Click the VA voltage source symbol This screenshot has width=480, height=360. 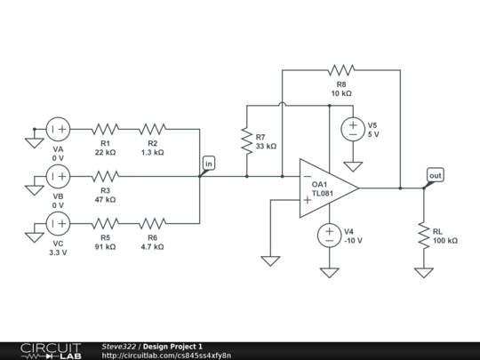pyautogui.click(x=59, y=130)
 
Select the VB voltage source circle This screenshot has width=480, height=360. pyautogui.click(x=59, y=176)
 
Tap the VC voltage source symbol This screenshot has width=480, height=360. pyautogui.click(x=59, y=222)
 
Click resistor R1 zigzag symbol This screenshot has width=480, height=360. pyautogui.click(x=105, y=130)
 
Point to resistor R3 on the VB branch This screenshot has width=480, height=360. pyautogui.click(x=105, y=176)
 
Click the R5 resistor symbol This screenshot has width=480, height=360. pyautogui.click(x=105, y=222)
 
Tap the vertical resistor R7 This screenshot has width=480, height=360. pyautogui.click(x=246, y=140)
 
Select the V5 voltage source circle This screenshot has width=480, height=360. pyautogui.click(x=353, y=130)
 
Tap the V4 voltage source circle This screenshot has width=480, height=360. pyautogui.click(x=330, y=235)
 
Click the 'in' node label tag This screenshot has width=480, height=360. pyautogui.click(x=209, y=163)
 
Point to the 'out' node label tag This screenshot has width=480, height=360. pyautogui.click(x=435, y=175)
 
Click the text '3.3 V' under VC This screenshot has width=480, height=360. pyautogui.click(x=59, y=253)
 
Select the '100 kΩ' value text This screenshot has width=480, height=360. pyautogui.click(x=445, y=241)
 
